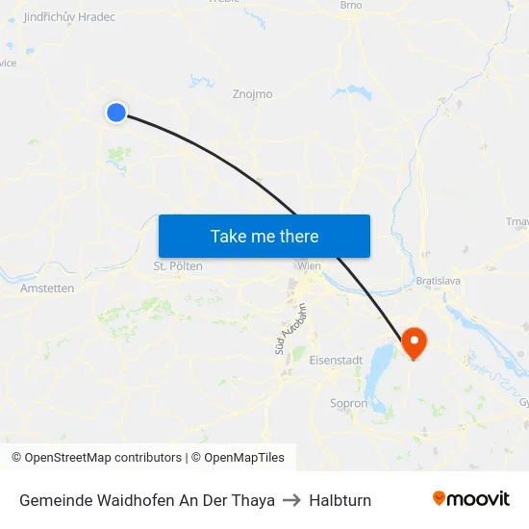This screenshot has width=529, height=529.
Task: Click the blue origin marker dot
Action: [116, 113]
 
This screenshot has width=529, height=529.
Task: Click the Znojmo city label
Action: [253, 94]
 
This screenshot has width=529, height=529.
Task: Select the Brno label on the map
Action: [351, 6]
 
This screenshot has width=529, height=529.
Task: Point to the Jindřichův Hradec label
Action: [68, 17]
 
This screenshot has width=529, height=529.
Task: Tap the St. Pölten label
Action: [178, 265]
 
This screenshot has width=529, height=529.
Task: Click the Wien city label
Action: [310, 265]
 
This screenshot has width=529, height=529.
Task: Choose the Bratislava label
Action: [439, 281]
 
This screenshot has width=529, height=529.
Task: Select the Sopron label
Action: [348, 404]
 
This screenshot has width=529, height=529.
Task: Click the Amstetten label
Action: [47, 288]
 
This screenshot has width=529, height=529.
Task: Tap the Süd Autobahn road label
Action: [290, 329]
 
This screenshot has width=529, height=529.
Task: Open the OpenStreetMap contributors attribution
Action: [96, 458]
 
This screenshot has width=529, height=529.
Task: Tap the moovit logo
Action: [470, 499]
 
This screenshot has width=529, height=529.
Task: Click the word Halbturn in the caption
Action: [340, 500]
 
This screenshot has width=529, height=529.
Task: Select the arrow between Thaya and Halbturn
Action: [292, 500]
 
